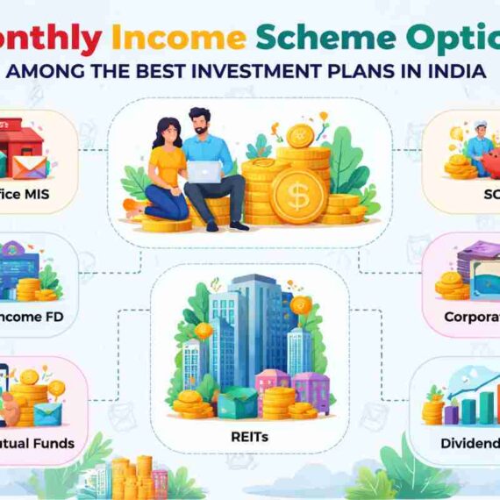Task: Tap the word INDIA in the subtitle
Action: (455, 72)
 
